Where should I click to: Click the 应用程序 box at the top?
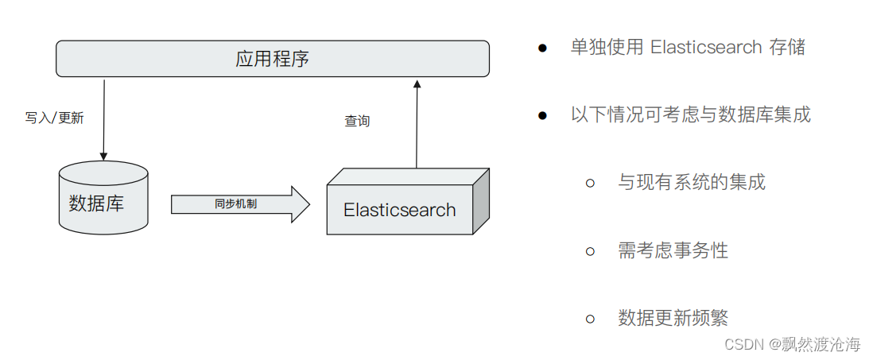(272, 59)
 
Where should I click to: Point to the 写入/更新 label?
(54, 118)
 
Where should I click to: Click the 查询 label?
(357, 121)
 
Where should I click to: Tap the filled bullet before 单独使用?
(542, 48)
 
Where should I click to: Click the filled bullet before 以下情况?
(542, 115)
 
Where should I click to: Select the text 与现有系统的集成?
(692, 183)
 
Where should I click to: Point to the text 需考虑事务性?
(673, 251)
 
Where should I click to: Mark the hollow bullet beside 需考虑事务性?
(590, 252)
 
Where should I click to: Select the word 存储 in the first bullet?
(787, 47)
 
